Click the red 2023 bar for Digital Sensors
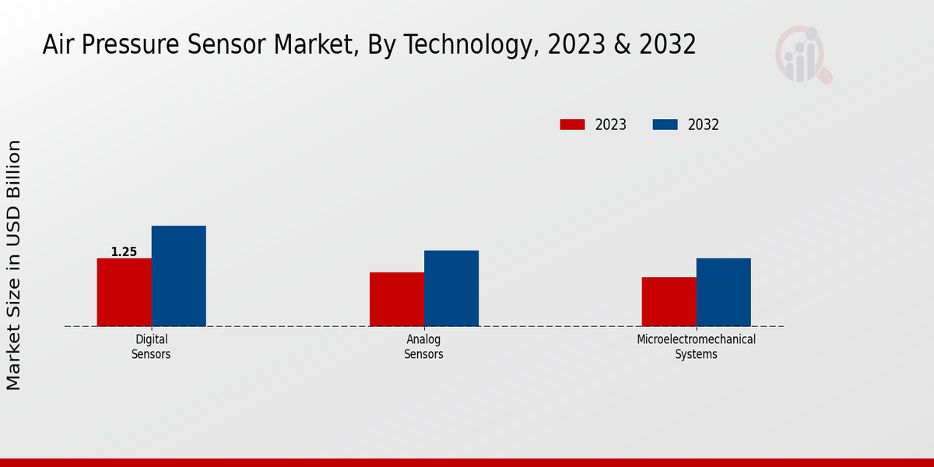tap(124, 292)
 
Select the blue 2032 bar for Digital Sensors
tap(178, 276)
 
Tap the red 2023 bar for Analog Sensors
tap(396, 299)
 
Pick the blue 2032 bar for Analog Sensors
tap(451, 288)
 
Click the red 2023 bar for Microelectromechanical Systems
tap(669, 301)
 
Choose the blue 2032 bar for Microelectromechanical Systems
tap(723, 292)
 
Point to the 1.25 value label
tap(124, 252)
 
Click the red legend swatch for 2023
tap(572, 125)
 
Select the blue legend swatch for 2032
tap(665, 125)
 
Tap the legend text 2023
tap(611, 125)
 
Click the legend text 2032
tap(704, 125)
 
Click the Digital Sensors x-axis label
tap(151, 347)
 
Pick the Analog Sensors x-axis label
tap(423, 347)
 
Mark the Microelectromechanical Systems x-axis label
tap(696, 347)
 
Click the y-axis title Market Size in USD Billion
tap(14, 265)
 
